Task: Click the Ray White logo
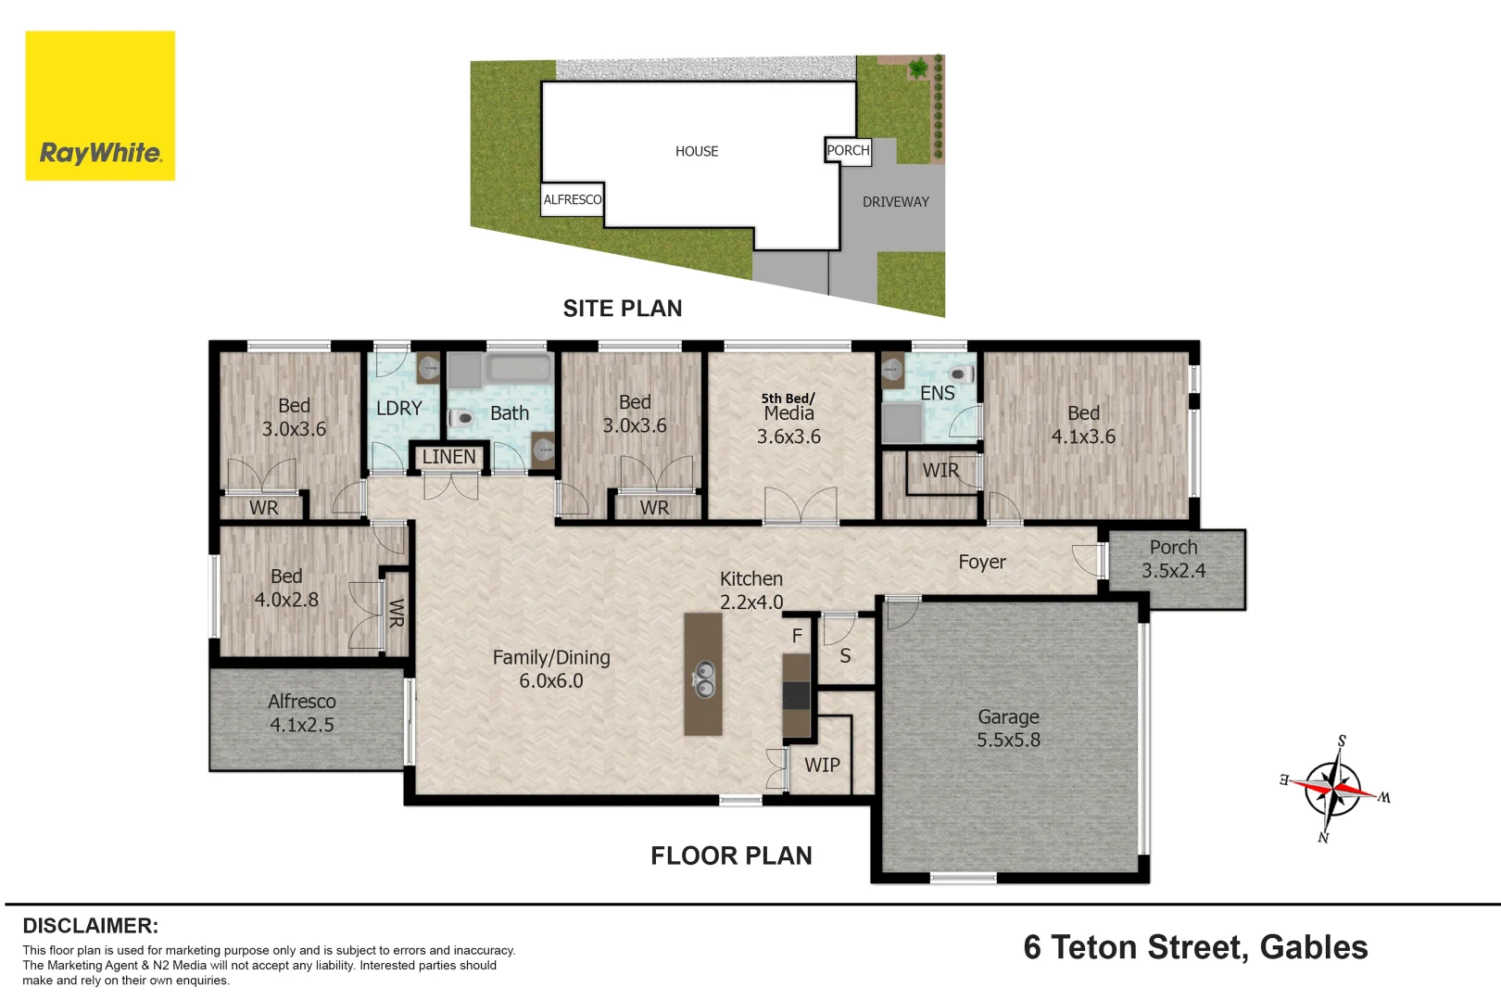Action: coord(100,106)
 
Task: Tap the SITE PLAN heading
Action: coord(623,309)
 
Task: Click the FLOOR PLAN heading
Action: coord(731,855)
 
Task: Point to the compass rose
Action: coord(1333,789)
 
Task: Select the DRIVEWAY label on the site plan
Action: coord(896,202)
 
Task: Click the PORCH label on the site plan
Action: coord(849,150)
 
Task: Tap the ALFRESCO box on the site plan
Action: coord(573,199)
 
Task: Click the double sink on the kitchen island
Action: coord(703,678)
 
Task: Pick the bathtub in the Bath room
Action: coord(519,368)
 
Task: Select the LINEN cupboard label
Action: coord(449,457)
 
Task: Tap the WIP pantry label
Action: coord(822,765)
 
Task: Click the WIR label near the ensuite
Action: coord(940,471)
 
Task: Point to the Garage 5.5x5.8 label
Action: coord(1008,729)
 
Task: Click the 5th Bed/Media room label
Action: coord(788,418)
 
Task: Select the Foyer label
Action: coord(982,562)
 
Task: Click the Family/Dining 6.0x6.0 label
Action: coord(551,668)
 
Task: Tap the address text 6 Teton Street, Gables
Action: coord(1195,947)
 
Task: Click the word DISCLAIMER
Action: coord(91,926)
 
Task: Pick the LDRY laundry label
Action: coord(399,409)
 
